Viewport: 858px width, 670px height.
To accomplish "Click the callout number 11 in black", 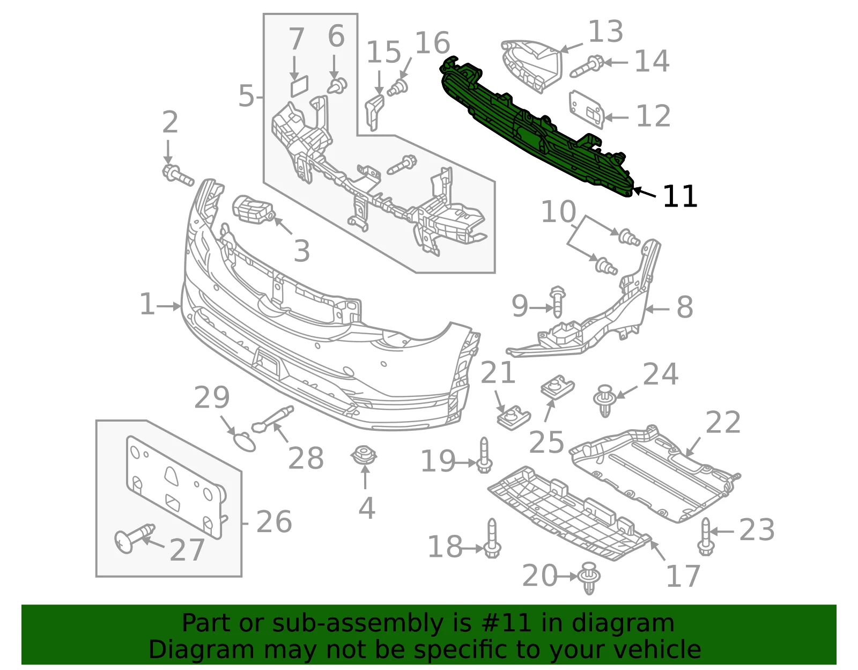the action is tap(680, 196).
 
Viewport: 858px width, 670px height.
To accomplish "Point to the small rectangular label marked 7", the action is tap(299, 86).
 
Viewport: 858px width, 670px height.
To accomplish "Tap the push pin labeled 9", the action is tap(557, 301).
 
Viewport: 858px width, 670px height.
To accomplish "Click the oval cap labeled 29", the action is tap(245, 442).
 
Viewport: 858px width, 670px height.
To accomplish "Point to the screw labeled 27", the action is tap(134, 538).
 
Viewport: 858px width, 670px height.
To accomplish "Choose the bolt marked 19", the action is tap(484, 455).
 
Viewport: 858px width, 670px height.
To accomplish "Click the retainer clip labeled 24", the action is tap(605, 400).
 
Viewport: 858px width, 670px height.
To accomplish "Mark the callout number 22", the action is tap(722, 422).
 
